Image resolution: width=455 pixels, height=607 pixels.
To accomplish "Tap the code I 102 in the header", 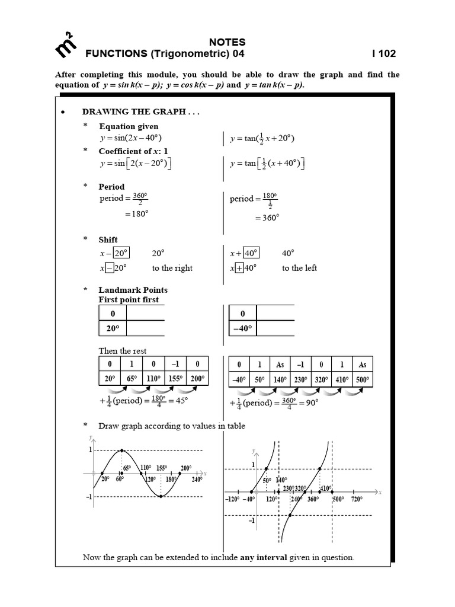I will coord(383,54).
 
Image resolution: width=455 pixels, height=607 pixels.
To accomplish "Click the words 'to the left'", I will coord(300,268).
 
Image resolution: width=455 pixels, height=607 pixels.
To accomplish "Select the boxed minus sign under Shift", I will coord(110,268).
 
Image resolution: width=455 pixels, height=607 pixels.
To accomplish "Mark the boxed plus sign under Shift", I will coord(241,268).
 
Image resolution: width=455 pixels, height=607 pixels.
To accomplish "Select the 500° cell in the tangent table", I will coord(362,380).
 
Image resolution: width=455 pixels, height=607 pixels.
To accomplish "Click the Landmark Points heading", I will coord(133,290).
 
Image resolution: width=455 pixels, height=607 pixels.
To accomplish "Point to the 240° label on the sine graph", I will coord(197,480).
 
